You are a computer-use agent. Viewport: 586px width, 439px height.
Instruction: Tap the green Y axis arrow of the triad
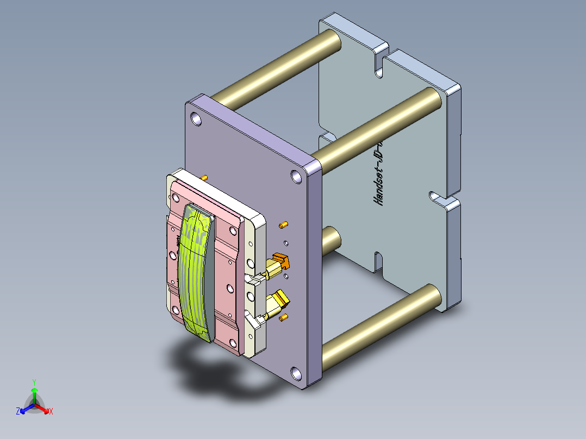click(34, 389)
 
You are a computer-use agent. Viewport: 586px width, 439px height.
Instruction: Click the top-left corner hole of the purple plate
click(196, 119)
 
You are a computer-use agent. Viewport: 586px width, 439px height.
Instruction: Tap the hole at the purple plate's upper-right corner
click(295, 177)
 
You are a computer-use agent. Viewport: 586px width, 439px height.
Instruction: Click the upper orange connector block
click(282, 262)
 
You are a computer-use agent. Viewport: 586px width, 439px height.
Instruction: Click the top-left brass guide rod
click(277, 68)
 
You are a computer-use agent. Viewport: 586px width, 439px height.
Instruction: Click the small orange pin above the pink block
click(204, 177)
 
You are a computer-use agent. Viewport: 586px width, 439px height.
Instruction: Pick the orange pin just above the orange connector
click(283, 224)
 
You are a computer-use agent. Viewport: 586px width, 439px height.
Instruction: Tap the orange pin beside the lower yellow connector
click(283, 317)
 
